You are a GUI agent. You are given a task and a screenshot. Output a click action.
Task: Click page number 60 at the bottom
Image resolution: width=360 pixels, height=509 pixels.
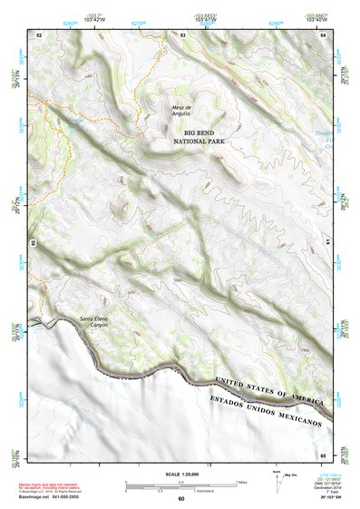[x=180, y=499]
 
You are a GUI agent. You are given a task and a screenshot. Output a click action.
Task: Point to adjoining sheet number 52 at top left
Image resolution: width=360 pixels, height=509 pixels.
[x=39, y=34]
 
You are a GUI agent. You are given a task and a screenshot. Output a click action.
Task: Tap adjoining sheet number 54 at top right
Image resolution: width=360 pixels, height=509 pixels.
[x=324, y=34]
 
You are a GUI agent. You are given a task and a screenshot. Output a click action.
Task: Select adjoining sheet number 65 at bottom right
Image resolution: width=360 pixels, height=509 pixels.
[x=324, y=455]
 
